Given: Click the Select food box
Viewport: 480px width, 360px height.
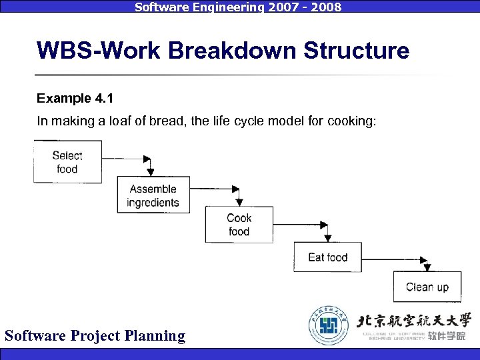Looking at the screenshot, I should coord(67,162).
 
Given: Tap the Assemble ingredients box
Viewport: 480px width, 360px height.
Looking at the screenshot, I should coord(153,195).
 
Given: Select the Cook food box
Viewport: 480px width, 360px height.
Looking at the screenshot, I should coord(239,225).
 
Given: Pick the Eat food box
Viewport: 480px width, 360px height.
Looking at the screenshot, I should coord(327,257).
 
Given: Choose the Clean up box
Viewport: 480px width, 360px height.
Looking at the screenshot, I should coord(427,287).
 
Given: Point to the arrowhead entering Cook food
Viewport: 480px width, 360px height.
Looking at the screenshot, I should coord(236,201).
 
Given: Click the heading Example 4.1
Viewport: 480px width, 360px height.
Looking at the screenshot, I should coord(75,99).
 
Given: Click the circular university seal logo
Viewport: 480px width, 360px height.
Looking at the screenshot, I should coord(328,325).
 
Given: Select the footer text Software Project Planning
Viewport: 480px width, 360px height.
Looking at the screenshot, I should coord(95,335).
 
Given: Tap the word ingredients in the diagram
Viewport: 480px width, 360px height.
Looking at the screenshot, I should coord(153,203).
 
